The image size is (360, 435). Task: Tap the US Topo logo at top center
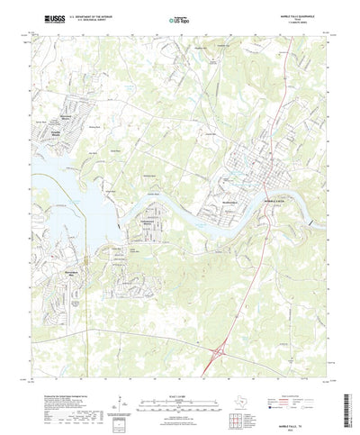pyautogui.click(x=180, y=17)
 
